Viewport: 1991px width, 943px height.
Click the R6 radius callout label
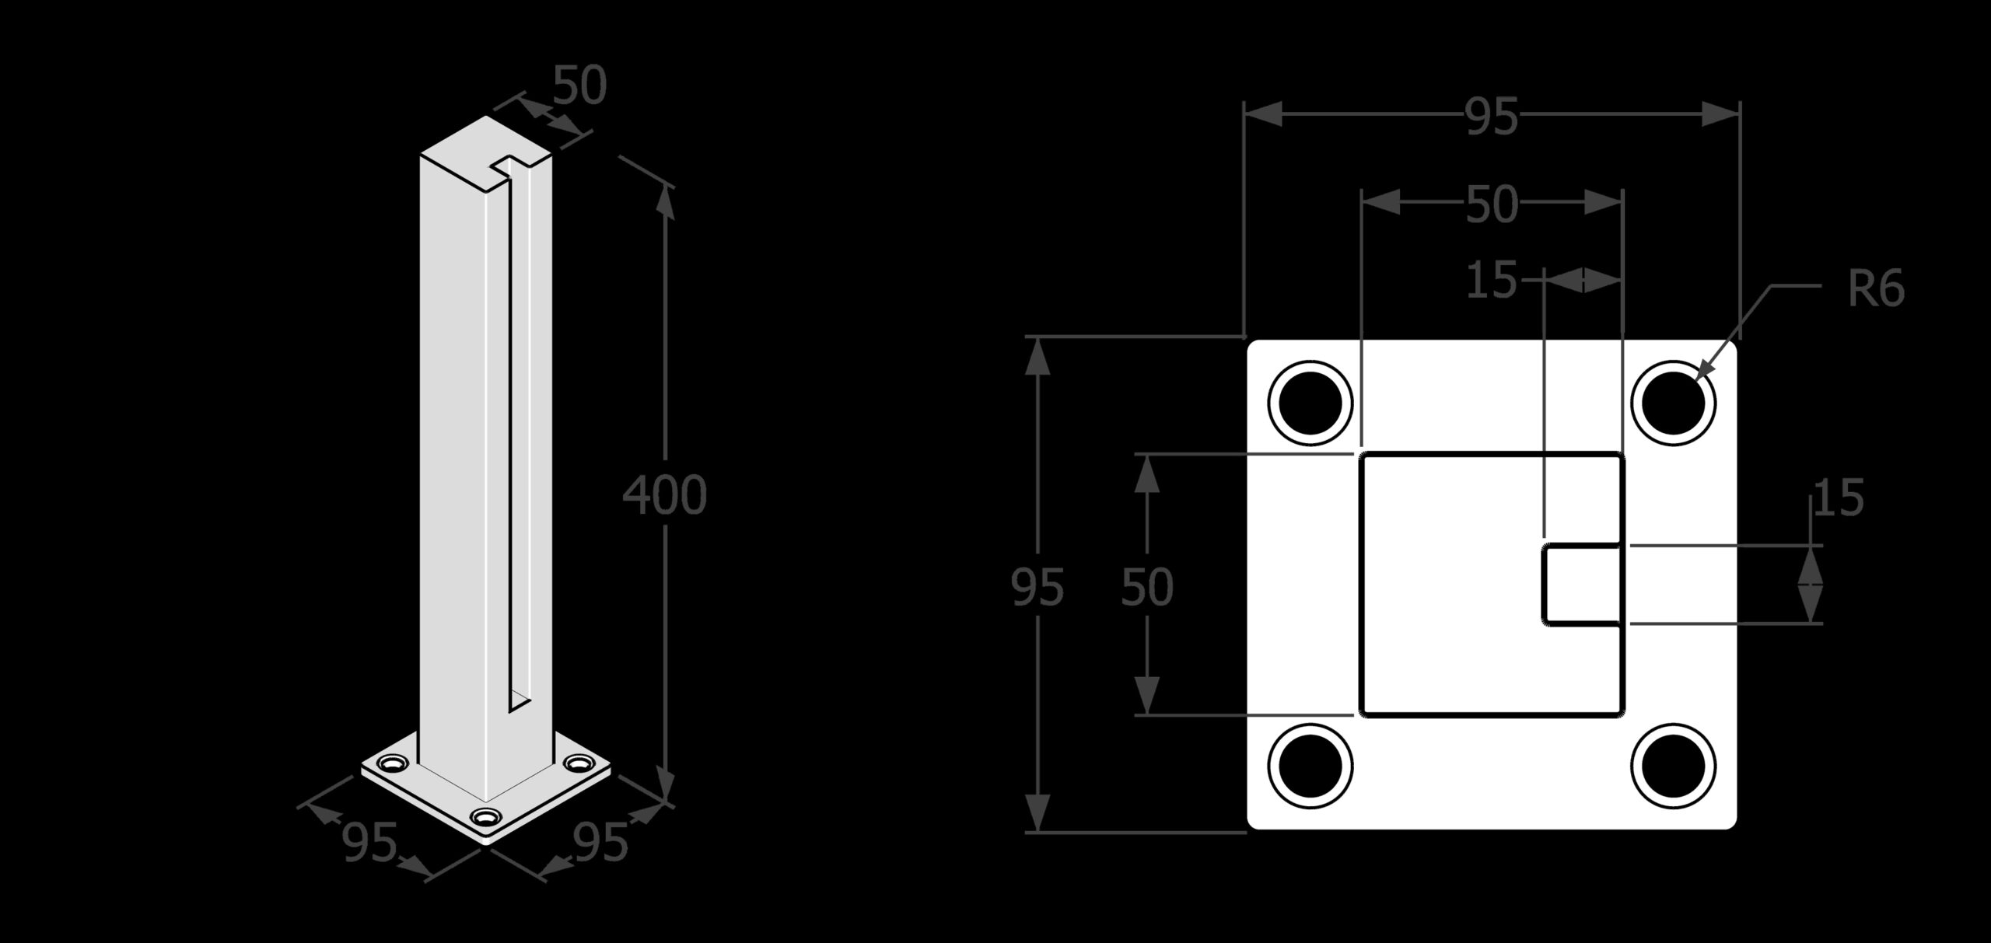pyautogui.click(x=1876, y=289)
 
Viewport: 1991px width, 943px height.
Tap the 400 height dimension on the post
pyautogui.click(x=665, y=494)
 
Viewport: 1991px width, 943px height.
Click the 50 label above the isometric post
pyautogui.click(x=579, y=86)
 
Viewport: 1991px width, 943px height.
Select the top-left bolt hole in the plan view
pyautogui.click(x=1310, y=403)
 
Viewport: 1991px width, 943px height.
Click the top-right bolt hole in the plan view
pyautogui.click(x=1674, y=403)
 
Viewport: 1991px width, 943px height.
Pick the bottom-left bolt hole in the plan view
pyautogui.click(x=1310, y=766)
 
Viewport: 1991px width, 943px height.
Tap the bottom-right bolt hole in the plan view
pyautogui.click(x=1674, y=766)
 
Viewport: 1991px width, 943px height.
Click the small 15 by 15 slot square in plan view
pyautogui.click(x=1583, y=585)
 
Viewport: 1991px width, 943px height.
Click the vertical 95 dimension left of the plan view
pyautogui.click(x=1037, y=587)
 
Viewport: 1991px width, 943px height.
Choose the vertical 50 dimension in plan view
pyautogui.click(x=1147, y=587)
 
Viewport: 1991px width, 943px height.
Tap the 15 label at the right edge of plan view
pyautogui.click(x=1839, y=498)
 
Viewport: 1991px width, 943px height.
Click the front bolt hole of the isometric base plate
pyautogui.click(x=486, y=817)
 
